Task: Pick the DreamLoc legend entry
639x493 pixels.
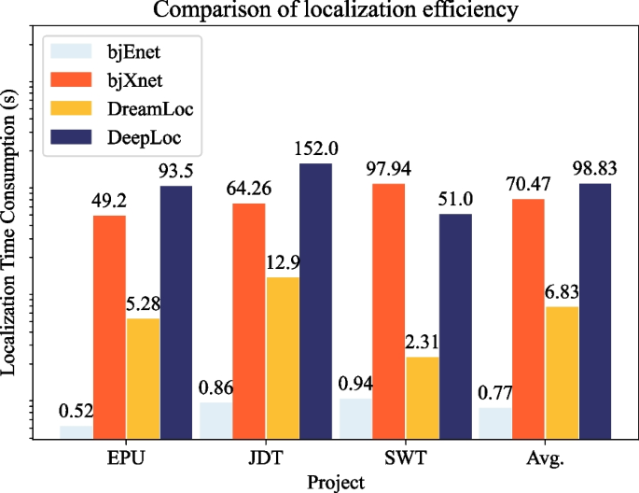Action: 116,109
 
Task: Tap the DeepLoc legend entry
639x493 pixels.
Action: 116,138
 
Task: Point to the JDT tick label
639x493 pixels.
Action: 266,459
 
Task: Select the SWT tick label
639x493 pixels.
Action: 406,459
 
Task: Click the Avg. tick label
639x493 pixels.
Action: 546,459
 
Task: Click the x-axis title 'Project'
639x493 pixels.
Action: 335,481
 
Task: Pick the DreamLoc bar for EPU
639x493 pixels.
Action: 143,378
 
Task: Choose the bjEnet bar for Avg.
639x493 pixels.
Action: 494,423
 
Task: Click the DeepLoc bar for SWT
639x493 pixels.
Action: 455,326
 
